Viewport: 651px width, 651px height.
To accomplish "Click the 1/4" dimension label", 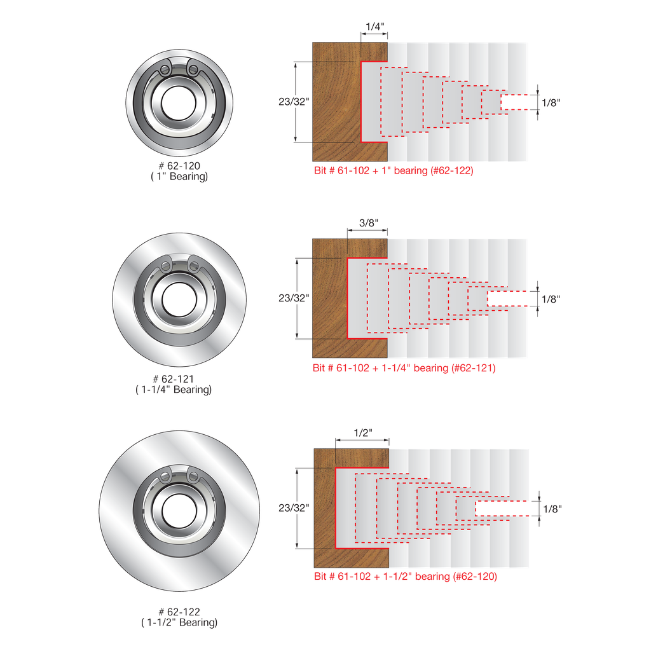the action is click(375, 27).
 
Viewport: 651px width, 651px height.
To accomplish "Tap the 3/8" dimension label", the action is click(368, 223).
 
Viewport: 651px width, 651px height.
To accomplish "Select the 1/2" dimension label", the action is click(363, 433).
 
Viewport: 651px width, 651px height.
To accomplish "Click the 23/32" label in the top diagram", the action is click(294, 102).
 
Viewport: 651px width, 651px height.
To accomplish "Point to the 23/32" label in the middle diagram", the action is click(294, 298).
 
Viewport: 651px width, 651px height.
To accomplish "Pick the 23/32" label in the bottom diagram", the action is click(294, 508).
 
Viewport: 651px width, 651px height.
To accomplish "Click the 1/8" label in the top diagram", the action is click(551, 102).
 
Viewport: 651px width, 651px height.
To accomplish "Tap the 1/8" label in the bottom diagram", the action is click(552, 509).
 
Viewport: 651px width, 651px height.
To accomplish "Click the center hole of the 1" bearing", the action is click(179, 103).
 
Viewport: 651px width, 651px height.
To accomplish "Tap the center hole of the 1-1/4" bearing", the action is click(179, 299).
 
